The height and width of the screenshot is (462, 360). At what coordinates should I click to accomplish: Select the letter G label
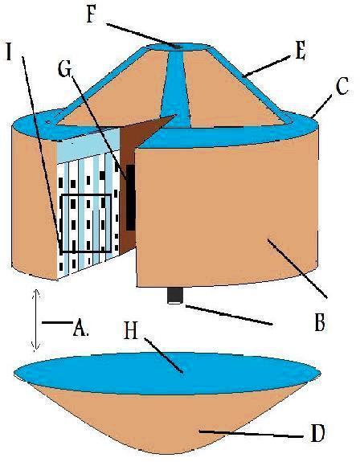pos(64,70)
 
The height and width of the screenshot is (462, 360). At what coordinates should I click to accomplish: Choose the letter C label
pos(342,86)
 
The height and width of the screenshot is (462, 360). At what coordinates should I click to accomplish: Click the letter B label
pos(320,322)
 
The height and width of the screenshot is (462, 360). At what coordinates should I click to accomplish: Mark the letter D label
pos(317,432)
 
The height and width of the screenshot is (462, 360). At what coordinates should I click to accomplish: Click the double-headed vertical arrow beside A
pos(36,320)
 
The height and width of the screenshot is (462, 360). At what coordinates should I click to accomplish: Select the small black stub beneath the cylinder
pos(174,295)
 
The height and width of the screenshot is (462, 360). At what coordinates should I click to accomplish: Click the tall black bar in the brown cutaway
pos(130,198)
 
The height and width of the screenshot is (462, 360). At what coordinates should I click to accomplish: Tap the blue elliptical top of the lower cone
pos(167,373)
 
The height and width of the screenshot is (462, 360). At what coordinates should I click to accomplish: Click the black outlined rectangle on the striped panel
pos(85,223)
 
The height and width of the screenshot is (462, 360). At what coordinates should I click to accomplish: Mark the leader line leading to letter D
pos(251,434)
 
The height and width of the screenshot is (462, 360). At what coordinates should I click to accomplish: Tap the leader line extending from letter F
pos(144,35)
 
